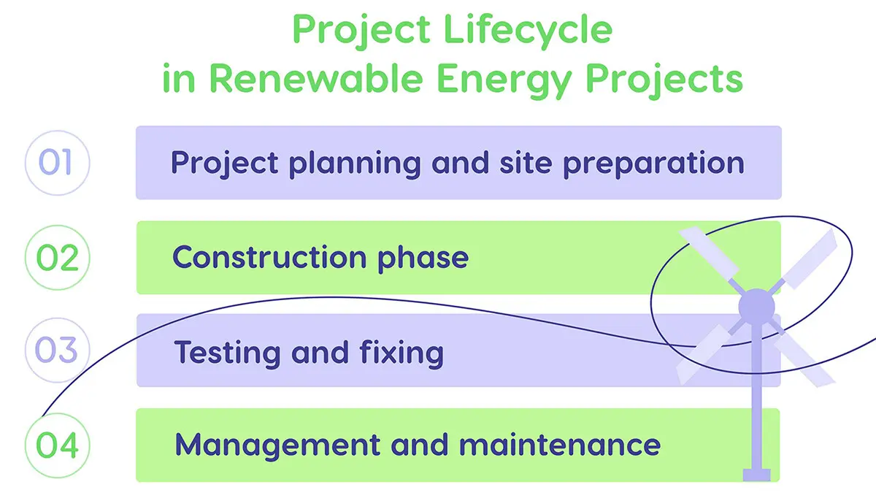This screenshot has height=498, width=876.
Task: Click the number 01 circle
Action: click(x=56, y=162)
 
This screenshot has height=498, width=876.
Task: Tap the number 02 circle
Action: click(x=56, y=258)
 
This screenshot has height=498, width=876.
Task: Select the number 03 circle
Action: click(x=56, y=351)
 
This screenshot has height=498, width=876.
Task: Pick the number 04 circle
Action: click(x=56, y=445)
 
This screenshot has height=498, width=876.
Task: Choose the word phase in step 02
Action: click(x=423, y=258)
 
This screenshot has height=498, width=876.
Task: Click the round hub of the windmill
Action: click(x=756, y=307)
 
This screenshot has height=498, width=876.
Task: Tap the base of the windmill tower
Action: click(x=756, y=474)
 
